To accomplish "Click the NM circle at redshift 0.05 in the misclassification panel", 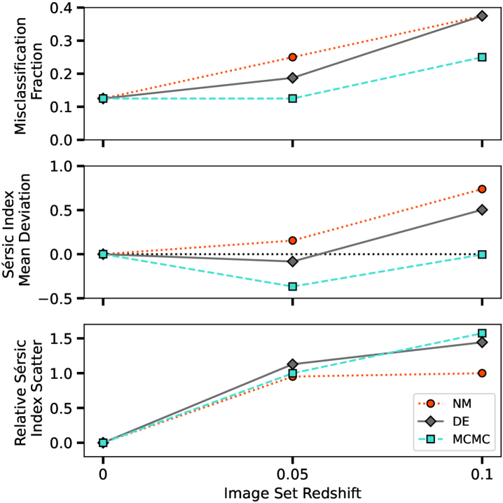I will point(293,57).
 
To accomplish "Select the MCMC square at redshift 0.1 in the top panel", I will point(482,57).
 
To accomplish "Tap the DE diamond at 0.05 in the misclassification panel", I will point(293,78).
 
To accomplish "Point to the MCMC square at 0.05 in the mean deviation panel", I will point(293,287).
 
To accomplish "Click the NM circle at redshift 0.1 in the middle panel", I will point(482,189).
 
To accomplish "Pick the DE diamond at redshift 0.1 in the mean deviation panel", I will point(482,209).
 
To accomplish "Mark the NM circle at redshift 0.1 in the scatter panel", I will point(482,373).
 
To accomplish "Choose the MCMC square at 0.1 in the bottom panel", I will point(482,333).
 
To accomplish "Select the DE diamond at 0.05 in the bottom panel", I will point(293,364).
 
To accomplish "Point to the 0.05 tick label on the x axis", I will point(293,473).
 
